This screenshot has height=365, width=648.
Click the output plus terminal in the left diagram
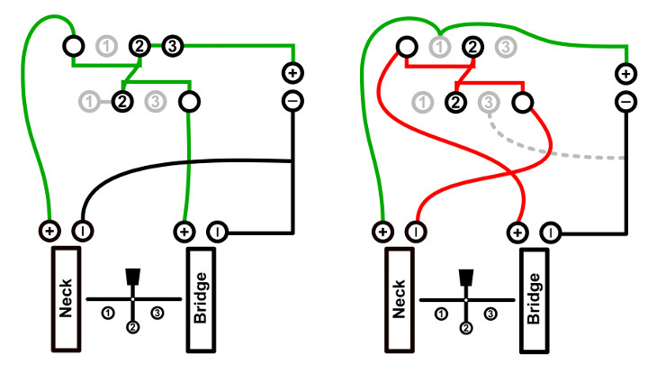(292, 72)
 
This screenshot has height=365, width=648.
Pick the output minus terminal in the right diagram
(625, 101)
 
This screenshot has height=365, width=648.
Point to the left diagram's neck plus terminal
(49, 232)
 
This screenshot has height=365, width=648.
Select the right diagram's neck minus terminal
(416, 232)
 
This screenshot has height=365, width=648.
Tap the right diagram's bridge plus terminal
(518, 232)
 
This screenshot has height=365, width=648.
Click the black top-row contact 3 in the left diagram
(173, 44)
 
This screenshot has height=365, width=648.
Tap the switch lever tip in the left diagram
(133, 276)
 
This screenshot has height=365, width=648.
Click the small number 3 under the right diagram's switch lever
(490, 313)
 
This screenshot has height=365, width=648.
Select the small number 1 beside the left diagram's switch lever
(107, 313)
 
